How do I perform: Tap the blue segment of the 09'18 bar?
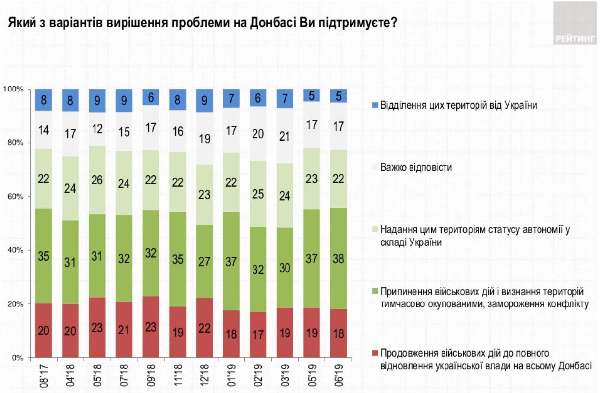click(151, 97)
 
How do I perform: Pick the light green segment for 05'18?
click(97, 180)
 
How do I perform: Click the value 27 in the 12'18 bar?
click(204, 261)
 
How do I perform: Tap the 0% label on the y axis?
click(17, 358)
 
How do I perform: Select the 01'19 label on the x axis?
click(231, 374)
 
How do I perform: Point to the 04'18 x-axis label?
click(71, 374)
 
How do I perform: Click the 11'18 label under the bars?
click(177, 374)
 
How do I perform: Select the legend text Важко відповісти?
click(413, 167)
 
